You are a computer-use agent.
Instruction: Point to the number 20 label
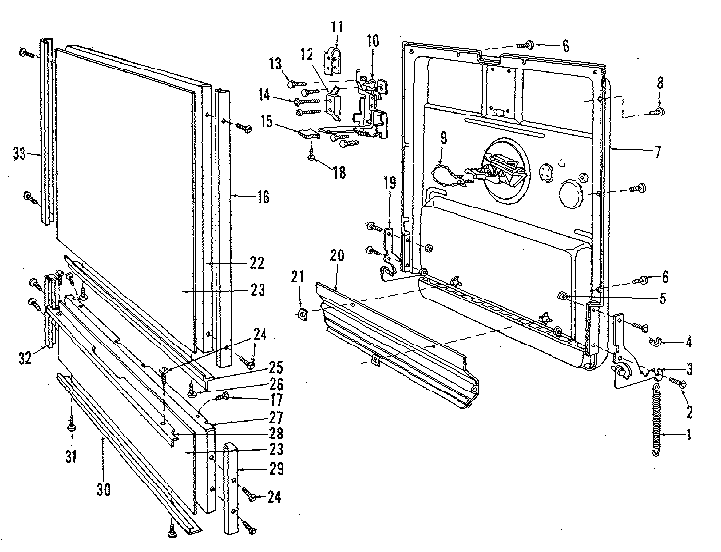(336, 255)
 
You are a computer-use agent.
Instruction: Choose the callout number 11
(335, 26)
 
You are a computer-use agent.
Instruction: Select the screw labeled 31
(72, 426)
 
